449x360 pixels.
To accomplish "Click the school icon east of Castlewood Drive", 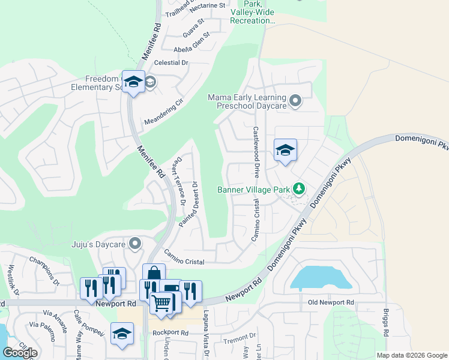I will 286,150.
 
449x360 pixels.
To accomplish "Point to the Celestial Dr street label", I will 172,62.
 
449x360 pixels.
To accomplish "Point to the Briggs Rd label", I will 385,323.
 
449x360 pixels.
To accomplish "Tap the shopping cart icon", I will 161,304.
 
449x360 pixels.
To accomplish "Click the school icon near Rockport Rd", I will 122,334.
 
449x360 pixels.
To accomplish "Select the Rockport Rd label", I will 170,332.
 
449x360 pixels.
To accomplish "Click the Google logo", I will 20,353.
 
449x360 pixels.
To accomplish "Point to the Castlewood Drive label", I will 256,152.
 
